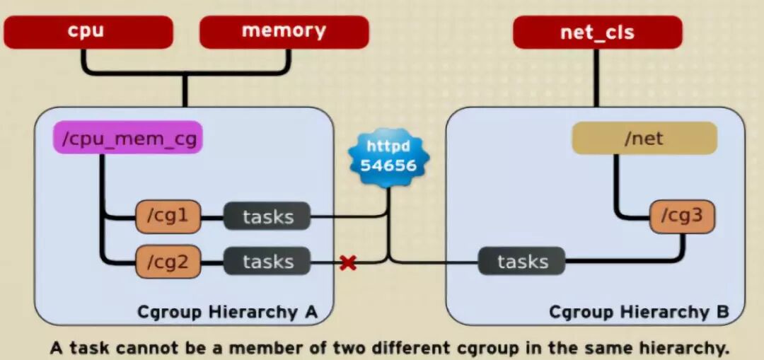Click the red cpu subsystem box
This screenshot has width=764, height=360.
coord(88,33)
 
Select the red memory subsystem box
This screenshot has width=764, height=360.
coord(284,33)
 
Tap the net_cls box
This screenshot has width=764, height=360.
coord(597,33)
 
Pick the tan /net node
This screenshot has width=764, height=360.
coord(644,139)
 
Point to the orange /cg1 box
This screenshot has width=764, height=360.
coord(168,216)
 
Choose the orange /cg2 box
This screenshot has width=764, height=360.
coord(168,262)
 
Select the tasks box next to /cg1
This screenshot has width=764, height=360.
coord(267,216)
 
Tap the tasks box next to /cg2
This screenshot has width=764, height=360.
coord(267,262)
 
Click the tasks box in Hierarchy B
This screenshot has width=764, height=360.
coord(522,262)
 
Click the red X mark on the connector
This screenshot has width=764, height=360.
coord(347,263)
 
